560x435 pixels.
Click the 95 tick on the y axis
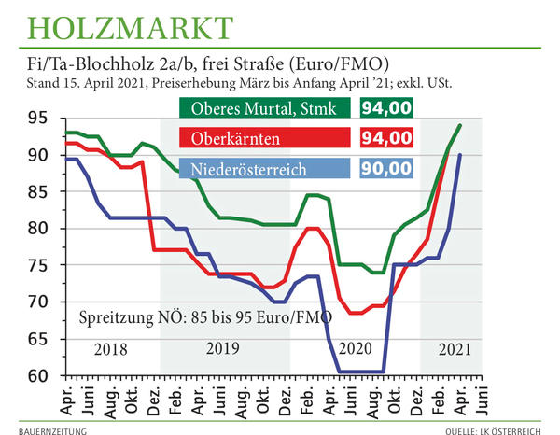click(37, 119)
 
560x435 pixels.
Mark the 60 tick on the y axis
click(37, 376)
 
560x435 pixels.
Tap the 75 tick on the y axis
click(37, 266)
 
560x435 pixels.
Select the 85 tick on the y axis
click(37, 192)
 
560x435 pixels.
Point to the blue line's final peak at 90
click(460, 155)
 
